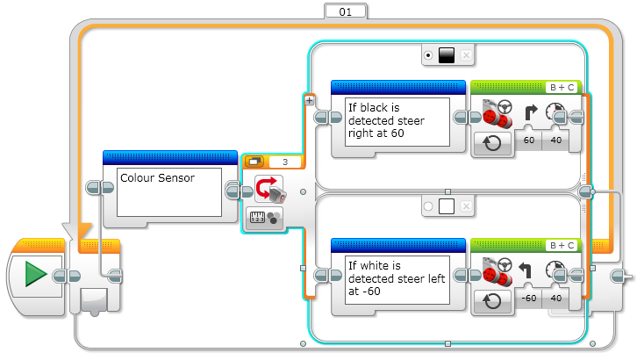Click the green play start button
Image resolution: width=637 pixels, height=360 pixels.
(x=35, y=276)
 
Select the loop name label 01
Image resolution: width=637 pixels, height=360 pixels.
(x=345, y=11)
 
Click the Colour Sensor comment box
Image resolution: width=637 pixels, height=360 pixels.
(x=168, y=191)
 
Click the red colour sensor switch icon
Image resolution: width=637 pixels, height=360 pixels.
(x=268, y=188)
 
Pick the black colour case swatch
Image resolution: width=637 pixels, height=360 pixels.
(x=446, y=55)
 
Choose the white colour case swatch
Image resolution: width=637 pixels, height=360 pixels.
(x=446, y=207)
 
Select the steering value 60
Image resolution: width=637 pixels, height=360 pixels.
(x=528, y=140)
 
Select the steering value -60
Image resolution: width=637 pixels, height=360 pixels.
(x=528, y=298)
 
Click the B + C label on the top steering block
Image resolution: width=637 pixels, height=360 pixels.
(x=562, y=87)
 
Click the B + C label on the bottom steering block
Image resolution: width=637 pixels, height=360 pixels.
(x=562, y=246)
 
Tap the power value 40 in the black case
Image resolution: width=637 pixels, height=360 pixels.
(x=555, y=140)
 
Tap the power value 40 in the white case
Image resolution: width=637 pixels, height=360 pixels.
(x=555, y=298)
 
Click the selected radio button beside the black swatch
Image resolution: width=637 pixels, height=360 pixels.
(x=427, y=55)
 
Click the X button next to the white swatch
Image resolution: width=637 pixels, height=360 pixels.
(x=466, y=207)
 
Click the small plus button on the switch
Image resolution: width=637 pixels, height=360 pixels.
(x=309, y=100)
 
